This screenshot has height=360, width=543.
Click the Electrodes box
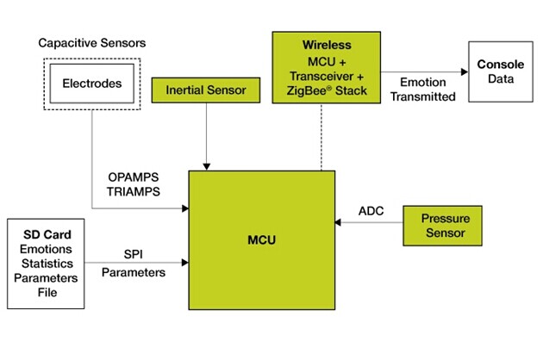tap(91, 84)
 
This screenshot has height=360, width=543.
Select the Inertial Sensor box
tap(206, 90)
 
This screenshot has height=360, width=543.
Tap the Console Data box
tap(501, 71)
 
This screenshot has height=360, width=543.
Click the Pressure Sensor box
tap(442, 226)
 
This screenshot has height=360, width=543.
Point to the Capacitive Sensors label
tap(91, 43)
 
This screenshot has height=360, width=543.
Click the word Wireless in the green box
tap(327, 45)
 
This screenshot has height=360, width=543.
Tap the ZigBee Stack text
tap(327, 90)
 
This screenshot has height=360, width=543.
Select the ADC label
tap(371, 211)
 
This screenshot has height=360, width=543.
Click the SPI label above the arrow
tap(134, 254)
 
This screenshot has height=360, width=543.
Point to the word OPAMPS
tap(134, 177)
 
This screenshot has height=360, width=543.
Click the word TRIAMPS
tap(134, 191)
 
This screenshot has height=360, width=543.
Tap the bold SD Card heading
tap(47, 235)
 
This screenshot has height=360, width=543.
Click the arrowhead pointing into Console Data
tap(465, 72)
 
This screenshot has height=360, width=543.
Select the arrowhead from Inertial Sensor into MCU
tap(206, 167)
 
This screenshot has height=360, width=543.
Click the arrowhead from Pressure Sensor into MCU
tap(338, 222)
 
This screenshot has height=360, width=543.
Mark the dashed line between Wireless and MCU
tap(321, 137)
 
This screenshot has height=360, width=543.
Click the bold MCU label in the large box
tap(261, 240)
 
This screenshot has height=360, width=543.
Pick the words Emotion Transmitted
tap(423, 90)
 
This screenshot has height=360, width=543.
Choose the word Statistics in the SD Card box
tap(47, 264)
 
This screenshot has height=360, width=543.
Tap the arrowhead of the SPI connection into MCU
tap(185, 263)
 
